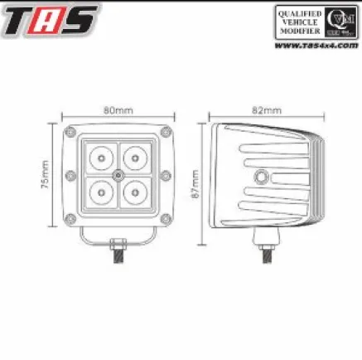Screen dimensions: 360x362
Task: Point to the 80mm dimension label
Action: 116,109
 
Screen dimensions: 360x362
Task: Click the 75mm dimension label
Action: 46,175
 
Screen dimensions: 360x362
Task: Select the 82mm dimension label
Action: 268,109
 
